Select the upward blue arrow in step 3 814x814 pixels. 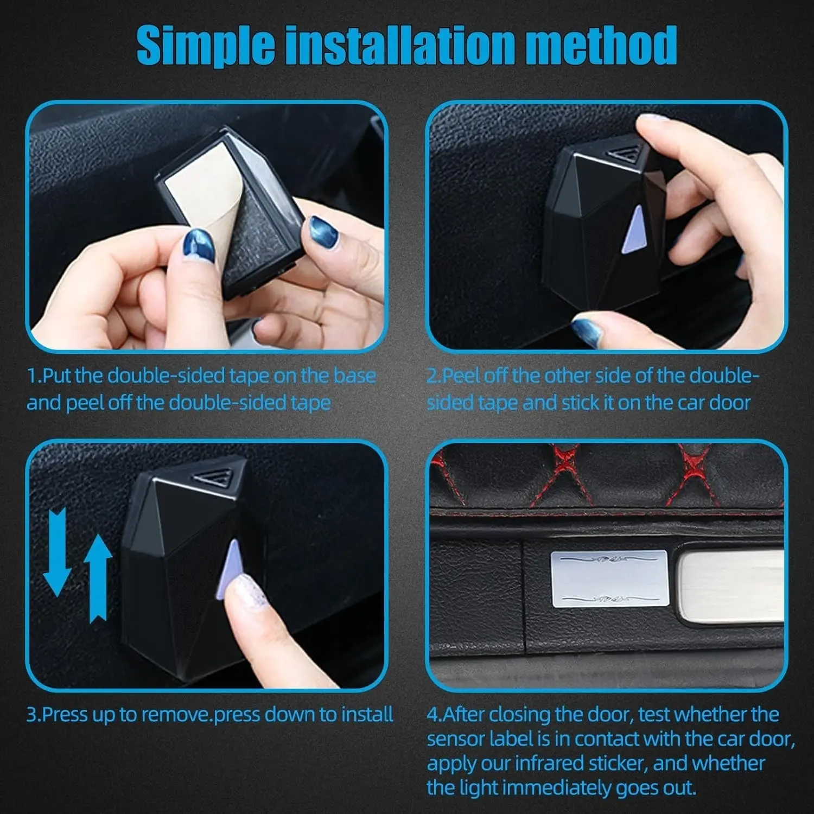pos(98,577)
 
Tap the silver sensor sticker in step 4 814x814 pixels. pos(609,578)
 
